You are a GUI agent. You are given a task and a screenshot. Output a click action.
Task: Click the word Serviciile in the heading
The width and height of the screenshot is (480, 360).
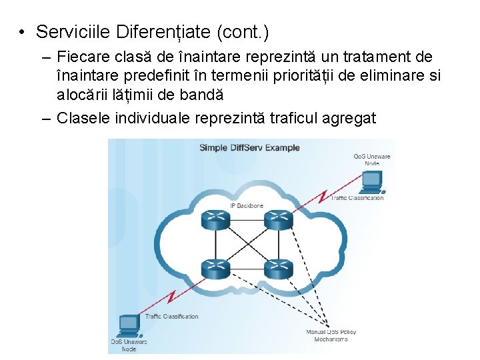pyautogui.click(x=73, y=31)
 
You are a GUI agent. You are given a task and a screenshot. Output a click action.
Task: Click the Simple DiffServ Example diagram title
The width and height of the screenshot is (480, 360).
pyautogui.click(x=249, y=147)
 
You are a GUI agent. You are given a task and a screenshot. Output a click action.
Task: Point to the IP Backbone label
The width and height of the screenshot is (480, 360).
pyautogui.click(x=247, y=205)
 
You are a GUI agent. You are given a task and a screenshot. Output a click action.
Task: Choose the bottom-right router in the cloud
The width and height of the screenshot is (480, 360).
pyautogui.click(x=278, y=269)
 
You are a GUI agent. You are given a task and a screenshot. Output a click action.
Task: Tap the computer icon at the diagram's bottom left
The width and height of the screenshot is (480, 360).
pyautogui.click(x=128, y=325)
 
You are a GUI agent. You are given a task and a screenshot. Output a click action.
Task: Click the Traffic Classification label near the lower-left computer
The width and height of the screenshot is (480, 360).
pyautogui.click(x=171, y=317)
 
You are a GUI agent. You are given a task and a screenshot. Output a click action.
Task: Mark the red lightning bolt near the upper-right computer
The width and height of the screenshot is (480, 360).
pyautogui.click(x=323, y=196)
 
